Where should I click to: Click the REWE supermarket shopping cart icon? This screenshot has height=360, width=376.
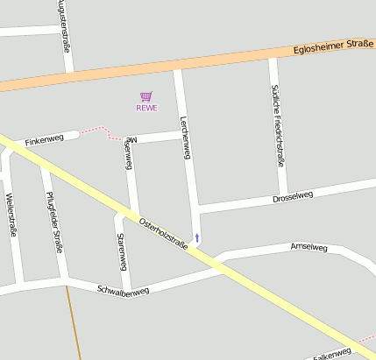[x=146, y=96]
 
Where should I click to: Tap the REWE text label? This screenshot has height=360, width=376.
[x=146, y=108]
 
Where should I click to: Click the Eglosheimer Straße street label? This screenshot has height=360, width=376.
[x=333, y=46]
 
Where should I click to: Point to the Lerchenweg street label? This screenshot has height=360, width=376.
[x=185, y=138]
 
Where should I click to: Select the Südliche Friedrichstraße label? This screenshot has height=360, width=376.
[x=277, y=124]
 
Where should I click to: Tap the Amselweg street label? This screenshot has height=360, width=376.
[x=309, y=248]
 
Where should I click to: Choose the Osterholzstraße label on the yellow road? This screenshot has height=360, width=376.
[x=164, y=232]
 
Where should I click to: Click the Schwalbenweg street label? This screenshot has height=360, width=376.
[x=123, y=290]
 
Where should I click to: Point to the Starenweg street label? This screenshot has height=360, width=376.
[x=122, y=251]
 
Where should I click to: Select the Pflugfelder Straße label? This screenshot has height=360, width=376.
[x=55, y=222]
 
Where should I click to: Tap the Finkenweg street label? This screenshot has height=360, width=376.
[x=45, y=140]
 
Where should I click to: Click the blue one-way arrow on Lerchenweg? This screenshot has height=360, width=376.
[x=197, y=237]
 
